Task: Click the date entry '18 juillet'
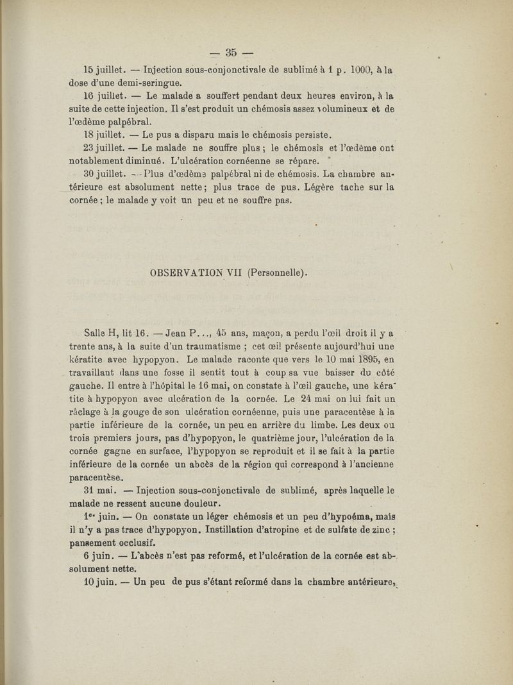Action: pyautogui.click(x=103, y=135)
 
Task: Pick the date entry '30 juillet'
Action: pyautogui.click(x=103, y=174)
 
